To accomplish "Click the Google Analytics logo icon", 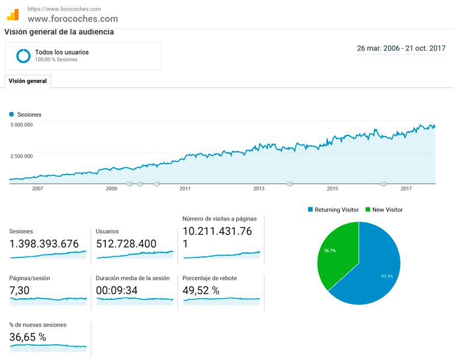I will [13, 15].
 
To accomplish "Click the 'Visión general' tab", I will [28, 81].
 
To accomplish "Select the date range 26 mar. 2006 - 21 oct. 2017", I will [401, 48].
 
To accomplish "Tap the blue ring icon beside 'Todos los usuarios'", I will [23, 56].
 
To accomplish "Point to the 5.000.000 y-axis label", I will [22, 125].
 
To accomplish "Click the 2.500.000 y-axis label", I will [22, 156].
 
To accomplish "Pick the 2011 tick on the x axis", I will [184, 188].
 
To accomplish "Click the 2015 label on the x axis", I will [333, 188].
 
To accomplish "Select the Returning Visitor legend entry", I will [333, 210].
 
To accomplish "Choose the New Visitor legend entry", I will [386, 210].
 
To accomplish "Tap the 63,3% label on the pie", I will [387, 276].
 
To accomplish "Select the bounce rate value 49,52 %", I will [201, 290].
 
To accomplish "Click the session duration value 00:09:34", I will [117, 290].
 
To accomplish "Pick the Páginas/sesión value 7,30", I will [20, 290].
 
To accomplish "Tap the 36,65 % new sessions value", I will [28, 337].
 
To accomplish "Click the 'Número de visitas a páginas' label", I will [220, 218].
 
